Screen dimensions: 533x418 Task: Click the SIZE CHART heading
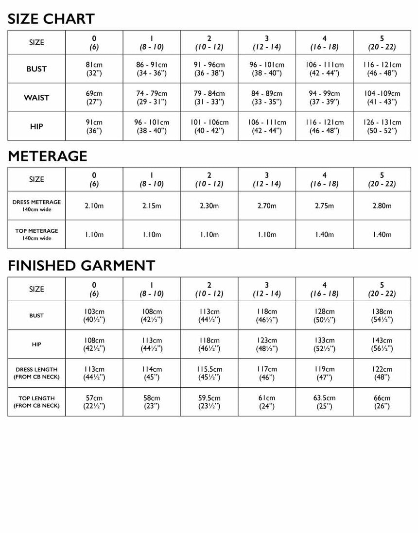click(x=51, y=19)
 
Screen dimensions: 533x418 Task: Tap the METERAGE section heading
click(x=48, y=156)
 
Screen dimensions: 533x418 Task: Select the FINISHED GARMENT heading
click(x=81, y=266)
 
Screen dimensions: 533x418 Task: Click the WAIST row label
click(x=36, y=98)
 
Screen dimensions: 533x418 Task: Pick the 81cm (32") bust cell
click(x=94, y=69)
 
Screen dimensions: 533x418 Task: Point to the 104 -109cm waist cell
click(x=382, y=98)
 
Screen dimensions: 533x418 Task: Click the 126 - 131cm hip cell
click(x=382, y=126)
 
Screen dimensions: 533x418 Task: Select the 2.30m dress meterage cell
click(x=209, y=206)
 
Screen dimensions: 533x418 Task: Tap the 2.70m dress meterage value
click(x=267, y=206)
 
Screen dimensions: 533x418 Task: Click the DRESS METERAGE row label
click(x=36, y=206)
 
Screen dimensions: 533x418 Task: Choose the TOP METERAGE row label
click(x=36, y=235)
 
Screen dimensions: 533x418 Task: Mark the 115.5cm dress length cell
click(x=209, y=373)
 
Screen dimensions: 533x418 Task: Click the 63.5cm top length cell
click(x=324, y=402)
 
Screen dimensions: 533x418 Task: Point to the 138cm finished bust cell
click(x=382, y=315)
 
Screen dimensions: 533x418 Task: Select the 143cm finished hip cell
click(x=382, y=344)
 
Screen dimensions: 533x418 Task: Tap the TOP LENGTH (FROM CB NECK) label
click(x=36, y=402)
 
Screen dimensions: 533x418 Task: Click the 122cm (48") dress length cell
click(x=382, y=373)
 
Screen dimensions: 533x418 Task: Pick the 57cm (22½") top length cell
click(x=94, y=402)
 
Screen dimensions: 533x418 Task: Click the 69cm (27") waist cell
click(x=94, y=98)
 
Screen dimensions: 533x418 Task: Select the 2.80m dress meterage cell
click(x=382, y=206)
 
